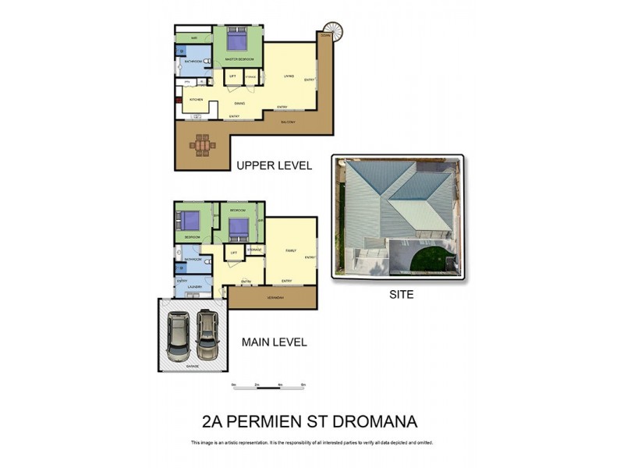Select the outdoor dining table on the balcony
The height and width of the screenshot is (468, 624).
pos(203,145)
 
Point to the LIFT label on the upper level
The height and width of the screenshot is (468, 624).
pos(232,76)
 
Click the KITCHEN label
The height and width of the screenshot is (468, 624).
pos(196,100)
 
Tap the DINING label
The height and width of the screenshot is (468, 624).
pos(239,103)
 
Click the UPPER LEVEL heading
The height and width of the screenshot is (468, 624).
pos(274,165)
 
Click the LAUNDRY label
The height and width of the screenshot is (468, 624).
pos(195,287)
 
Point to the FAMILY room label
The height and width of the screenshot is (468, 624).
pos(290,250)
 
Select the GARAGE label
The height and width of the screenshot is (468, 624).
pos(192,366)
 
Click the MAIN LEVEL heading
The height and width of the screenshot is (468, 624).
pos(274,342)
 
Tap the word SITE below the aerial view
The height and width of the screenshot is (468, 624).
pos(400,295)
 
